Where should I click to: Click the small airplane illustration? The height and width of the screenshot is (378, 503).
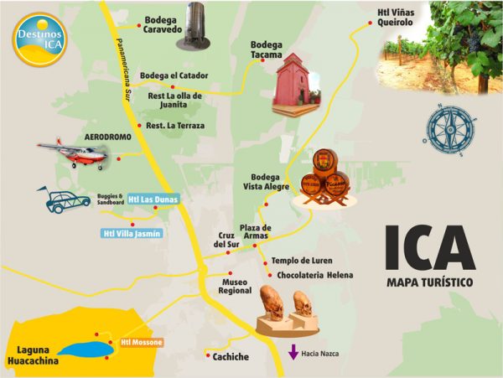[73, 153]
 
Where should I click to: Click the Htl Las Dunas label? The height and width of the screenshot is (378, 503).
[153, 199]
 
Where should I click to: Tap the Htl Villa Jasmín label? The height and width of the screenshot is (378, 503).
[131, 234]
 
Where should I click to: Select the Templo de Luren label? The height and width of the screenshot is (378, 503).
[301, 261]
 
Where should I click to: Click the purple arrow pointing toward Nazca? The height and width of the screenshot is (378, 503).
[293, 352]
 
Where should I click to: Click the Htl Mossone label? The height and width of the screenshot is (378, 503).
[141, 342]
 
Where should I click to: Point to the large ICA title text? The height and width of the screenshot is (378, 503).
[430, 246]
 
